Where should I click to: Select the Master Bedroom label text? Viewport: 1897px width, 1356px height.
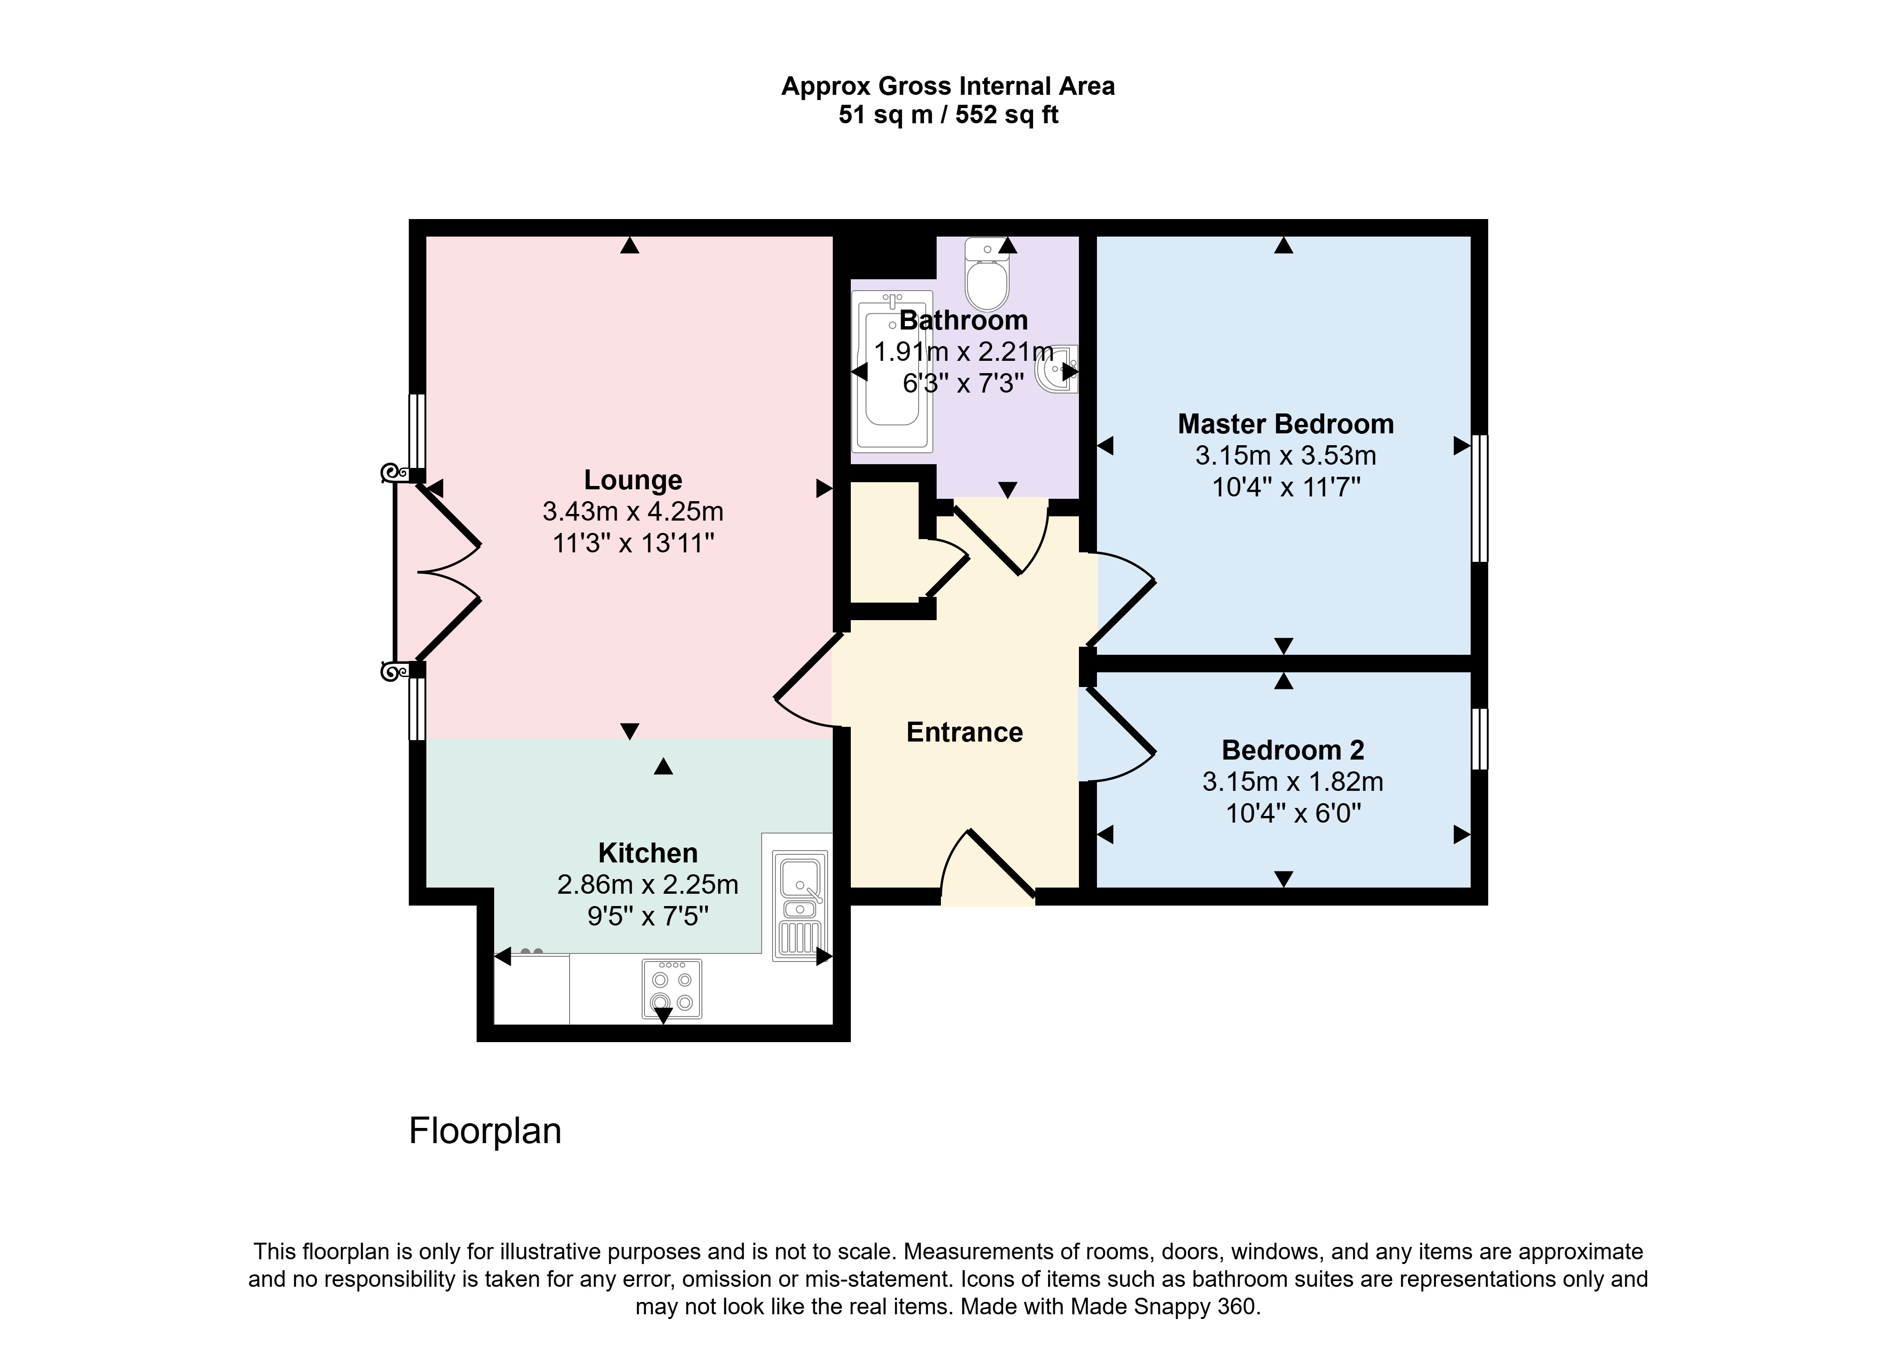pyautogui.click(x=1285, y=424)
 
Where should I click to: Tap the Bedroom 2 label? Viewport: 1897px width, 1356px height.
pyautogui.click(x=1292, y=750)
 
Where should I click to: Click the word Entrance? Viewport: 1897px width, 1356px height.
pyautogui.click(x=964, y=732)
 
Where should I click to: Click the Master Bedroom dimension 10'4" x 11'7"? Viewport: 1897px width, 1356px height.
pyautogui.click(x=1286, y=487)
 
